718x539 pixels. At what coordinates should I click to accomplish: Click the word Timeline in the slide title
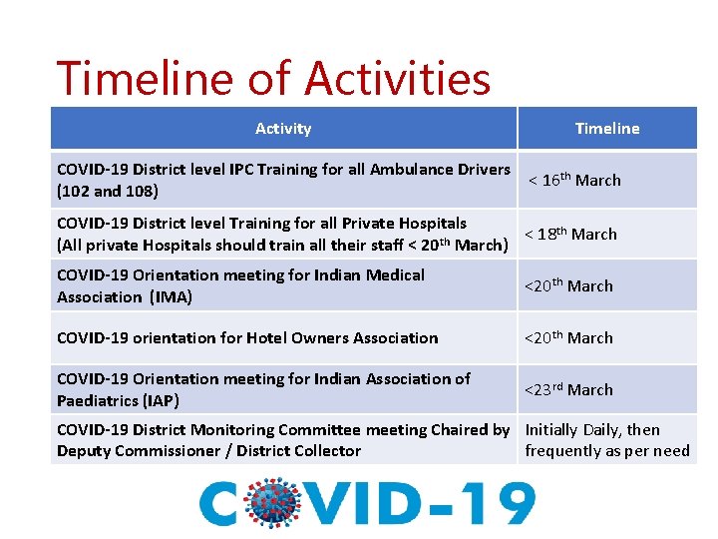tap(160, 79)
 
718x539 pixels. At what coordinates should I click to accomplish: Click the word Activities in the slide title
tap(398, 79)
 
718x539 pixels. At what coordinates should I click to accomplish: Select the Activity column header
tap(283, 129)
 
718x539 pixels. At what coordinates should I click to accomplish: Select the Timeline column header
tap(606, 129)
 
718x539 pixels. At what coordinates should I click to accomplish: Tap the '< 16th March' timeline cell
tap(574, 181)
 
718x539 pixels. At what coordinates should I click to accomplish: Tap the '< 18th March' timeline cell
tap(570, 235)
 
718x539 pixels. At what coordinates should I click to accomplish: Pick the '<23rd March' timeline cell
tap(568, 390)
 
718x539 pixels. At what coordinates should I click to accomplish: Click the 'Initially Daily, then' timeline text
tap(592, 430)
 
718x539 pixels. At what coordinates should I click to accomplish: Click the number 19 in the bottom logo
tap(499, 504)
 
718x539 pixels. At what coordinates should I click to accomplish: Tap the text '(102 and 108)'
tap(107, 191)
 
